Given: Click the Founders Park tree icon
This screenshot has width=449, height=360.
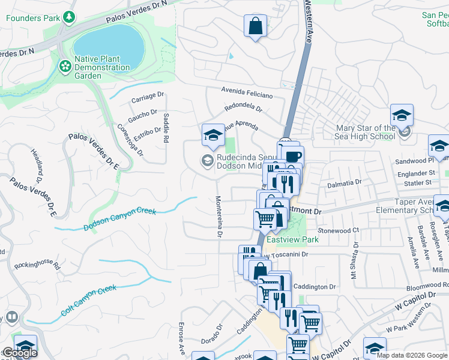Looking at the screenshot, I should [70, 17].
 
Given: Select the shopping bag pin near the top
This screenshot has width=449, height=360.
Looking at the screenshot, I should [255, 26].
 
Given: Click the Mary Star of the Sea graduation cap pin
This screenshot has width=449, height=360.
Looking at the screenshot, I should [402, 115].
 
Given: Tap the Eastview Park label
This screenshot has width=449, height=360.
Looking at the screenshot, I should [292, 239].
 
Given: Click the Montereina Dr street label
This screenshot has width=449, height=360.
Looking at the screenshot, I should [218, 217].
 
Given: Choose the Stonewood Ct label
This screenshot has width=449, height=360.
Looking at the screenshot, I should [338, 230].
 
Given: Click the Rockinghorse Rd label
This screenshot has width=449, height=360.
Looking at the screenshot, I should [38, 264].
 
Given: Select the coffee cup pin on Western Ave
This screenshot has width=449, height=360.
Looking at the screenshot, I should [293, 156].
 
